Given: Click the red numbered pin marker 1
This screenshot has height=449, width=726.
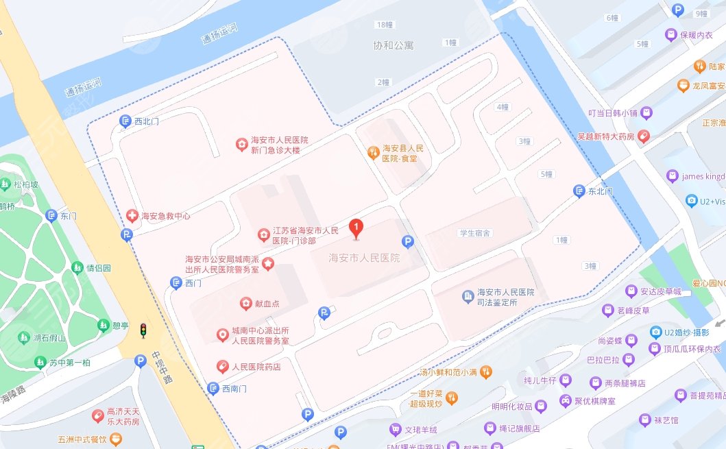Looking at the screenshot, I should (x=356, y=228).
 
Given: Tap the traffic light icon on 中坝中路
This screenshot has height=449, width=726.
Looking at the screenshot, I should (x=143, y=330).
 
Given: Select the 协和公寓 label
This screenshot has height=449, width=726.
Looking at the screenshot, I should (x=394, y=46).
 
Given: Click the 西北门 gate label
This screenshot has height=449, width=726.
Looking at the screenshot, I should (x=147, y=121).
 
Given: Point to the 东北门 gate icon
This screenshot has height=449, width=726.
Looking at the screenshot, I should (x=580, y=191).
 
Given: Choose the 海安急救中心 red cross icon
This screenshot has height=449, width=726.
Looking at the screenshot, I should (x=132, y=216).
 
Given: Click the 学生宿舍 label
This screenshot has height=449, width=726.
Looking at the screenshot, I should (x=474, y=233).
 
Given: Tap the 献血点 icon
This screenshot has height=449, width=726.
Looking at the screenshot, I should (x=245, y=304).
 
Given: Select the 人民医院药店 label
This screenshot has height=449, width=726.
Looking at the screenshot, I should (x=256, y=367).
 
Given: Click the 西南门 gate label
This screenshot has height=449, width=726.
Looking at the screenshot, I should (x=235, y=389).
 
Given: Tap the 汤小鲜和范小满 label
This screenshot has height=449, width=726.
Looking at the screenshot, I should (x=448, y=373).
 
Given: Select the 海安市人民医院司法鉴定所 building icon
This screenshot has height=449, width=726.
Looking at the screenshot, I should (x=468, y=296).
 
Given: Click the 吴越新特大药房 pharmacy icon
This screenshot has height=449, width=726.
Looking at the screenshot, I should (x=644, y=136).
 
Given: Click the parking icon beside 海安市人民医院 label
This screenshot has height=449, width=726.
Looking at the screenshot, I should (x=408, y=242).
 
